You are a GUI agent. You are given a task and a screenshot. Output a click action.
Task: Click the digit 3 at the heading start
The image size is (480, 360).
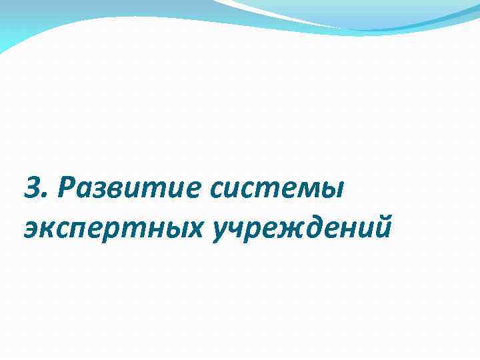coord(31,189)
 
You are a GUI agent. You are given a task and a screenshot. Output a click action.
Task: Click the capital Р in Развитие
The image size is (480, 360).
coord(67,189)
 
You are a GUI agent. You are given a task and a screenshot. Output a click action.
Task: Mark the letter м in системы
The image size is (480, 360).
coord(308,191)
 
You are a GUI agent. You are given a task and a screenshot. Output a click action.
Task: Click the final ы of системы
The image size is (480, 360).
coord(331,191)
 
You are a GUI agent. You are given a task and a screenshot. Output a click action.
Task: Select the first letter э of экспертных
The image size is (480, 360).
coord(30,231)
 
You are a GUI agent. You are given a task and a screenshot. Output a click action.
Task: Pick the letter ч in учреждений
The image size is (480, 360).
coord(237,231)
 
